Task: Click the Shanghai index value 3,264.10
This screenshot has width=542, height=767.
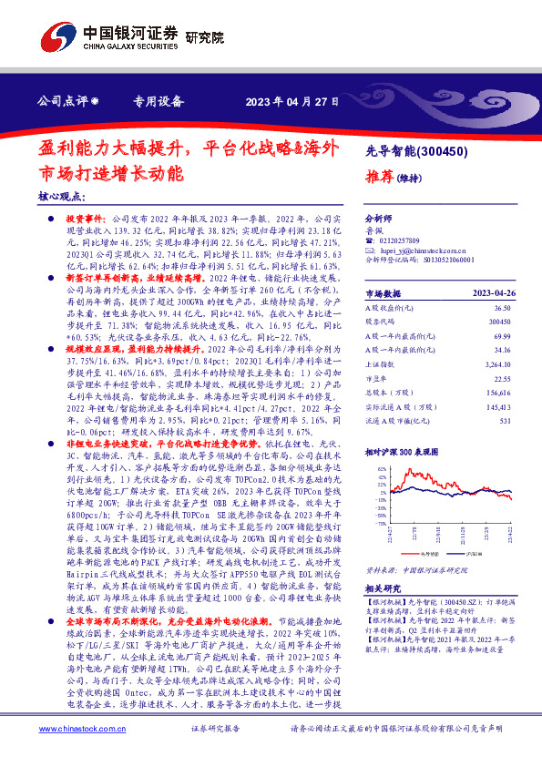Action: coord(499,364)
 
